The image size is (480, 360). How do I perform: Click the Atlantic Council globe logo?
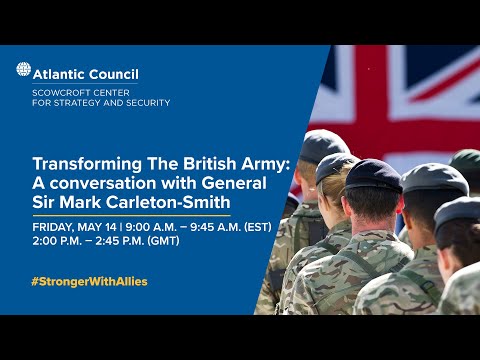[23, 70]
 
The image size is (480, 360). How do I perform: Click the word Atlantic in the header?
[61, 73]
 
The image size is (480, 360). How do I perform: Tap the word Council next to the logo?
[114, 73]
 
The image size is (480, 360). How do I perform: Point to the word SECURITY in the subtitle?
[145, 103]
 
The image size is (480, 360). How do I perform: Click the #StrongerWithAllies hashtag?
[90, 281]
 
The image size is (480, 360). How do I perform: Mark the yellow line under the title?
[131, 215]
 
